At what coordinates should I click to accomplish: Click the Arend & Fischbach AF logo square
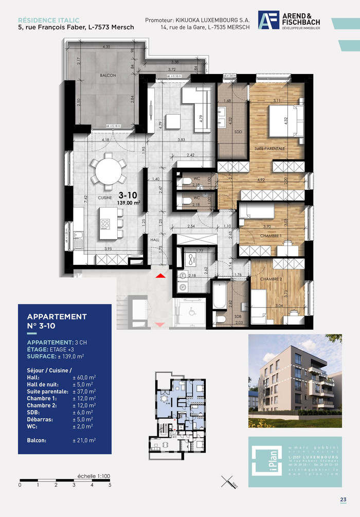[267, 21]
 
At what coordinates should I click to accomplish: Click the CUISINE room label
[91, 197]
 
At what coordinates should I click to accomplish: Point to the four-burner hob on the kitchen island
[105, 224]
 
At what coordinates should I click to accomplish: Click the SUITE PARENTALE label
[269, 148]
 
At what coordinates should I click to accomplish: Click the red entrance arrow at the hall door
[160, 276]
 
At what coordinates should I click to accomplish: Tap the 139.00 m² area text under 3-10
[128, 203]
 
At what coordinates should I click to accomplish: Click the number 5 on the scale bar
[110, 485]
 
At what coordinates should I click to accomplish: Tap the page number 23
[343, 500]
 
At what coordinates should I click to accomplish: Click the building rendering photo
[295, 381]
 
